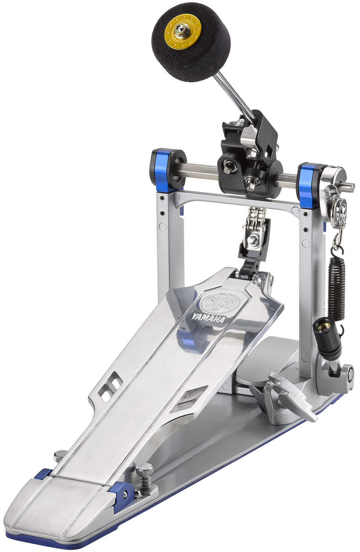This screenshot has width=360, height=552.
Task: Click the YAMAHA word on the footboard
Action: pos(208,318)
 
